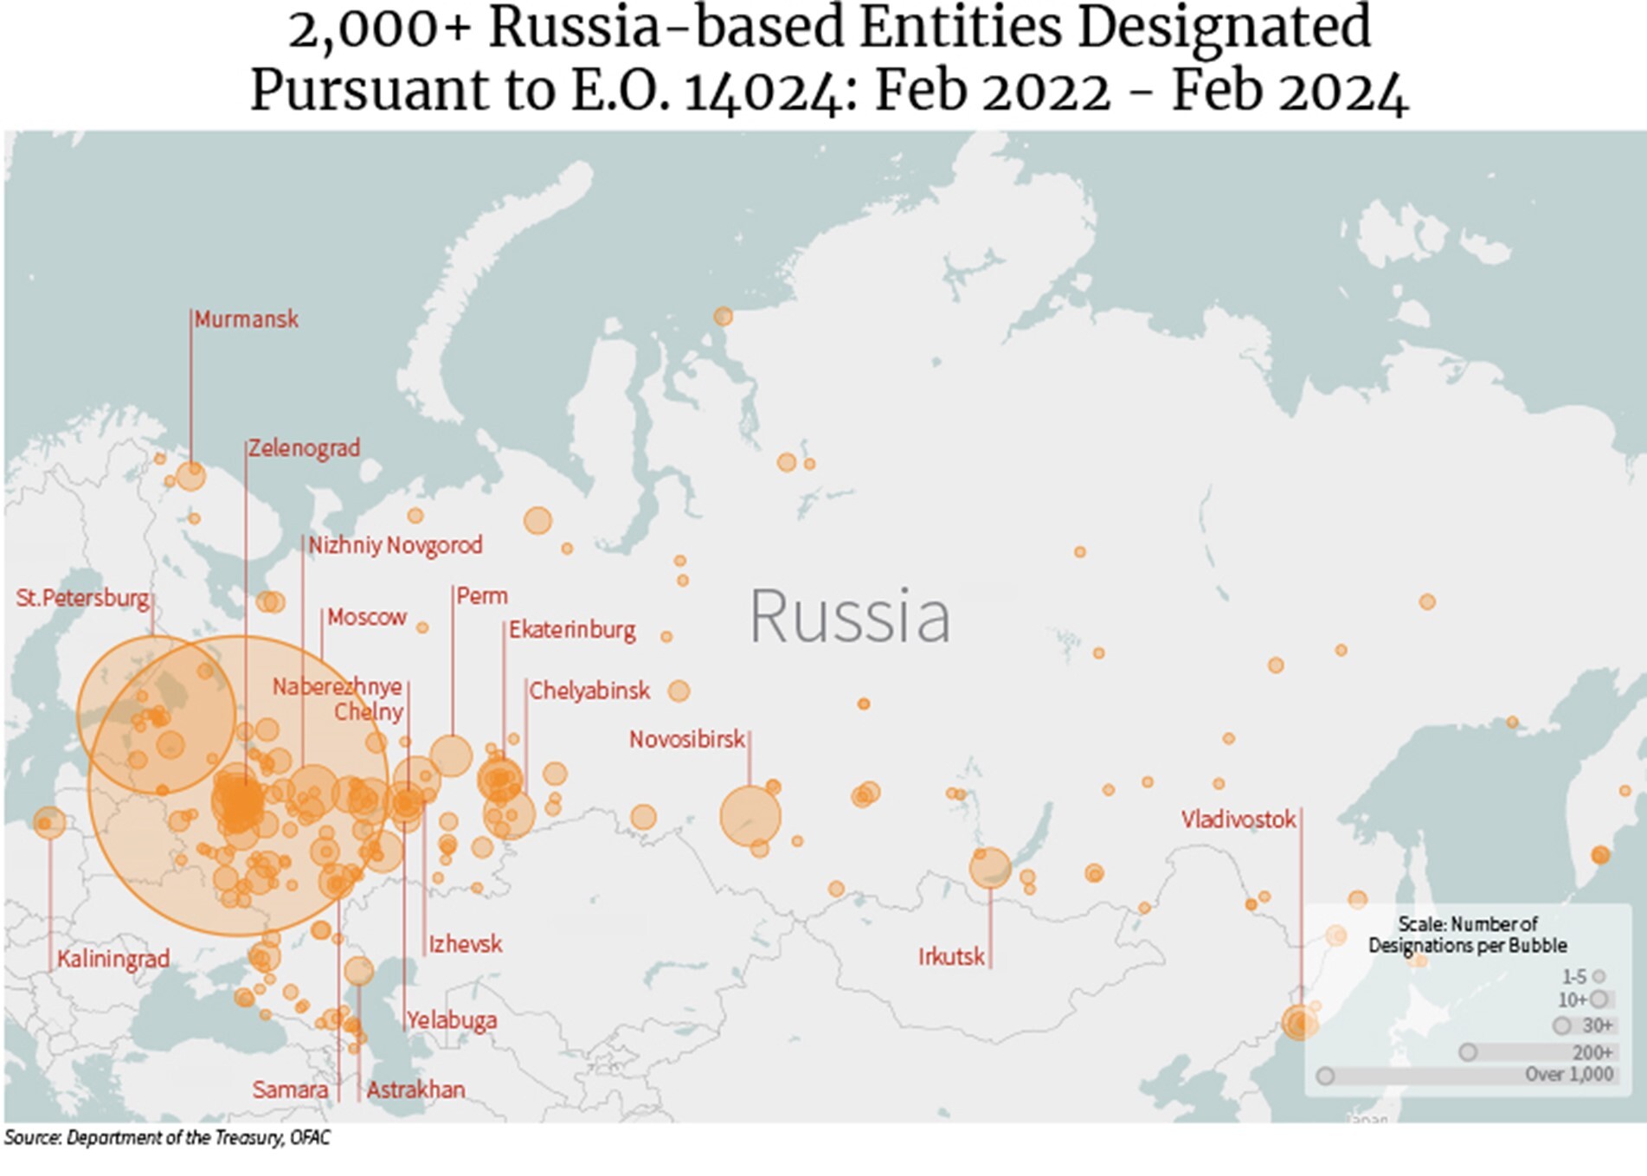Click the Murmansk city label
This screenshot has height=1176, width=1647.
(246, 319)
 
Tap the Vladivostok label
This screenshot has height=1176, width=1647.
(1238, 819)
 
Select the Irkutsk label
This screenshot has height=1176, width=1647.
(951, 956)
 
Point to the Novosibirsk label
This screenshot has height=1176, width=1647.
(686, 740)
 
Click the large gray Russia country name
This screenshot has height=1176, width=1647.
(849, 617)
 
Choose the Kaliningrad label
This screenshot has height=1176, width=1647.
(113, 959)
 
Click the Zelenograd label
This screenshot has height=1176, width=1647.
(303, 448)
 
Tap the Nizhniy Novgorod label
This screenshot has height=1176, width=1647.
(395, 545)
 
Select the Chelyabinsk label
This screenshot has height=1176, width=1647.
(589, 691)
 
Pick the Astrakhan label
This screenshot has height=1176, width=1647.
(415, 1089)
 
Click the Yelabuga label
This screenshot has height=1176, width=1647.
(452, 1020)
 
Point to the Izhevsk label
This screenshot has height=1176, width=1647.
(465, 943)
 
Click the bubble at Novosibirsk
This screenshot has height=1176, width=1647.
(750, 816)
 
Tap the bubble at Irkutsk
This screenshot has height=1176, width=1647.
(990, 867)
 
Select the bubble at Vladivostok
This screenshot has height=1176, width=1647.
(1299, 1023)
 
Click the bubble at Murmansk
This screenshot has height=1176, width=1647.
(190, 476)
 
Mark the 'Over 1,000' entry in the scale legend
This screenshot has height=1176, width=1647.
(1568, 1075)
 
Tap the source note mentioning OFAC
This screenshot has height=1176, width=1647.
(167, 1137)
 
